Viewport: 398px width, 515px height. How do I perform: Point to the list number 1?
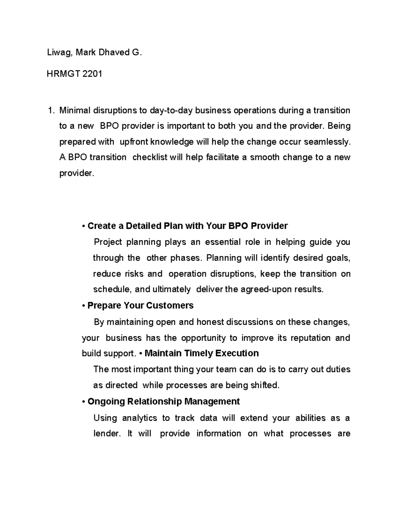coord(50,110)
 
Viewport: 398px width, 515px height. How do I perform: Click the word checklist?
coord(150,157)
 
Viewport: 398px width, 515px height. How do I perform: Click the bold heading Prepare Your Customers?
coord(140,305)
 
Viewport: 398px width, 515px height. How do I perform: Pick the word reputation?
coord(310,338)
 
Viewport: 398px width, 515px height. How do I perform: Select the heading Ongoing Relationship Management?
coord(164,402)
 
